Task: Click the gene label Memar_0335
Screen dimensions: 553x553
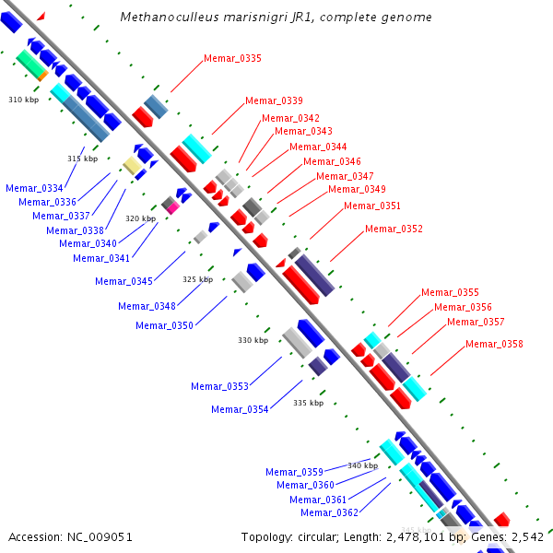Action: point(232,59)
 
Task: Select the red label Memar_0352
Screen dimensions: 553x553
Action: point(394,229)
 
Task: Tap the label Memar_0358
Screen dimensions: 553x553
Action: point(494,344)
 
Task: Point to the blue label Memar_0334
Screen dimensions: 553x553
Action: point(34,188)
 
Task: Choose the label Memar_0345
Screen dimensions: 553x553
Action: point(124,281)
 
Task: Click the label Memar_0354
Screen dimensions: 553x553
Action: point(240,409)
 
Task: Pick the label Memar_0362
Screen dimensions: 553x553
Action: point(329,512)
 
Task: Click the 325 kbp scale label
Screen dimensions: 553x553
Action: point(197,279)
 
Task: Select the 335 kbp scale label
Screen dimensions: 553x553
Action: point(308,403)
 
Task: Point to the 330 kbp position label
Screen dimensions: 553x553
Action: point(253,340)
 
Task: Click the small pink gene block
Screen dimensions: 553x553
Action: point(172,208)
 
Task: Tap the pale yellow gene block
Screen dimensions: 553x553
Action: point(132,165)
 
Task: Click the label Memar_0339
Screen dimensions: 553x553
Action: point(274,101)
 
